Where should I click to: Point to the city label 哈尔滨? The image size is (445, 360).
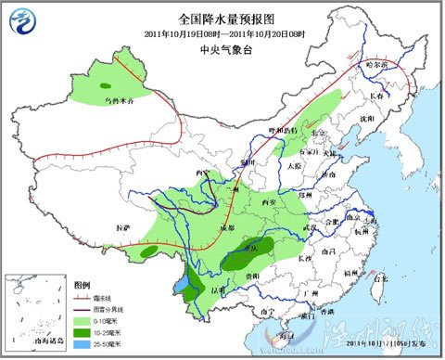(375, 65)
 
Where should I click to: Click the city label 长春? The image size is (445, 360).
(376, 96)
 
